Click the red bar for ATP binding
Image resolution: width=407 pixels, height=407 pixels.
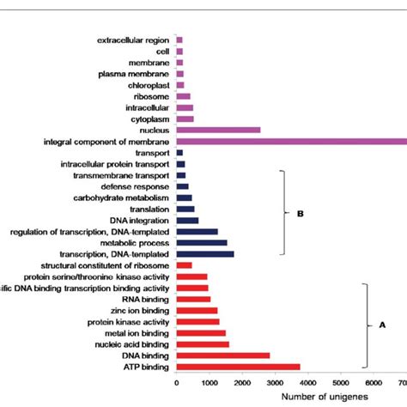(x=238, y=367)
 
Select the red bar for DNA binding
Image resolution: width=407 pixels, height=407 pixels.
(x=222, y=355)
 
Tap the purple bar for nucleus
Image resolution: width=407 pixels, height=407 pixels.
(x=218, y=130)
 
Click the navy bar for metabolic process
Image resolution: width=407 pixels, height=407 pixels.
(x=202, y=242)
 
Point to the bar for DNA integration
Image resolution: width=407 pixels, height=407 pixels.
(x=187, y=220)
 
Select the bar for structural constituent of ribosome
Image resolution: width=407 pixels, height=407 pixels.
(x=184, y=265)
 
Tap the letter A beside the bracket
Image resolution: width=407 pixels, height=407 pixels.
(x=382, y=326)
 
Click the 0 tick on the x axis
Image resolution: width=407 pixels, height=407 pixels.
(x=177, y=384)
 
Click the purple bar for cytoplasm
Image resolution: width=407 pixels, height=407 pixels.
(x=185, y=118)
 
